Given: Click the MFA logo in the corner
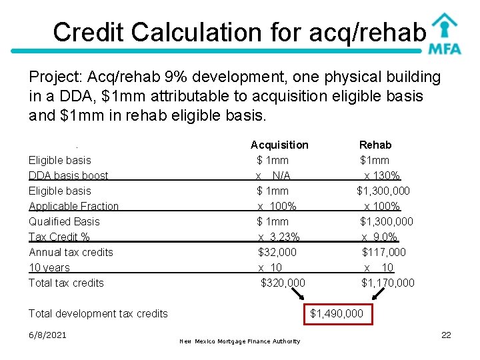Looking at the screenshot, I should pos(444,33).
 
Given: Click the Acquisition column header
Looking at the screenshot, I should pos(279,145).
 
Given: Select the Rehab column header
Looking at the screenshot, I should pos(375,145).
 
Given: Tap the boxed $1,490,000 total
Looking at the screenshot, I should pos(337,313).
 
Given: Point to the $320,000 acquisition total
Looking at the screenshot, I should pos(283,283).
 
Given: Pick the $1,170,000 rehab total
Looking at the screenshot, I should pos(387,283).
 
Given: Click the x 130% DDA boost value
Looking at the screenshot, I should pos(382,175).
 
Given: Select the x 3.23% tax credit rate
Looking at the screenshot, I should pos(279,237).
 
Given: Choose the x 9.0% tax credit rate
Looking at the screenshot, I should pos(379,237).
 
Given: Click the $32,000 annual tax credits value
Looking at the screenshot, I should pos(277,252).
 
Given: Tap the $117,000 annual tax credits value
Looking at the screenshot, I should pos(383,252).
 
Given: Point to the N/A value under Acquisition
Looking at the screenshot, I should pos(281,175).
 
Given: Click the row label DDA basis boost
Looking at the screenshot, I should pos(68,175).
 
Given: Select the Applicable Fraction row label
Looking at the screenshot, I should pos(73,206).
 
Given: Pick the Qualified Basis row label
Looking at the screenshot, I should pos(64,221).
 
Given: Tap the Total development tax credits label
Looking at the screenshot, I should pos(98,313).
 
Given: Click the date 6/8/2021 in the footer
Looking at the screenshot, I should pos(47,335).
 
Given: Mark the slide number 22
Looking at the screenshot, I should pos(446,335).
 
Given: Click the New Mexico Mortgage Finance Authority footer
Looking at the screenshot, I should pos(240,341).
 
